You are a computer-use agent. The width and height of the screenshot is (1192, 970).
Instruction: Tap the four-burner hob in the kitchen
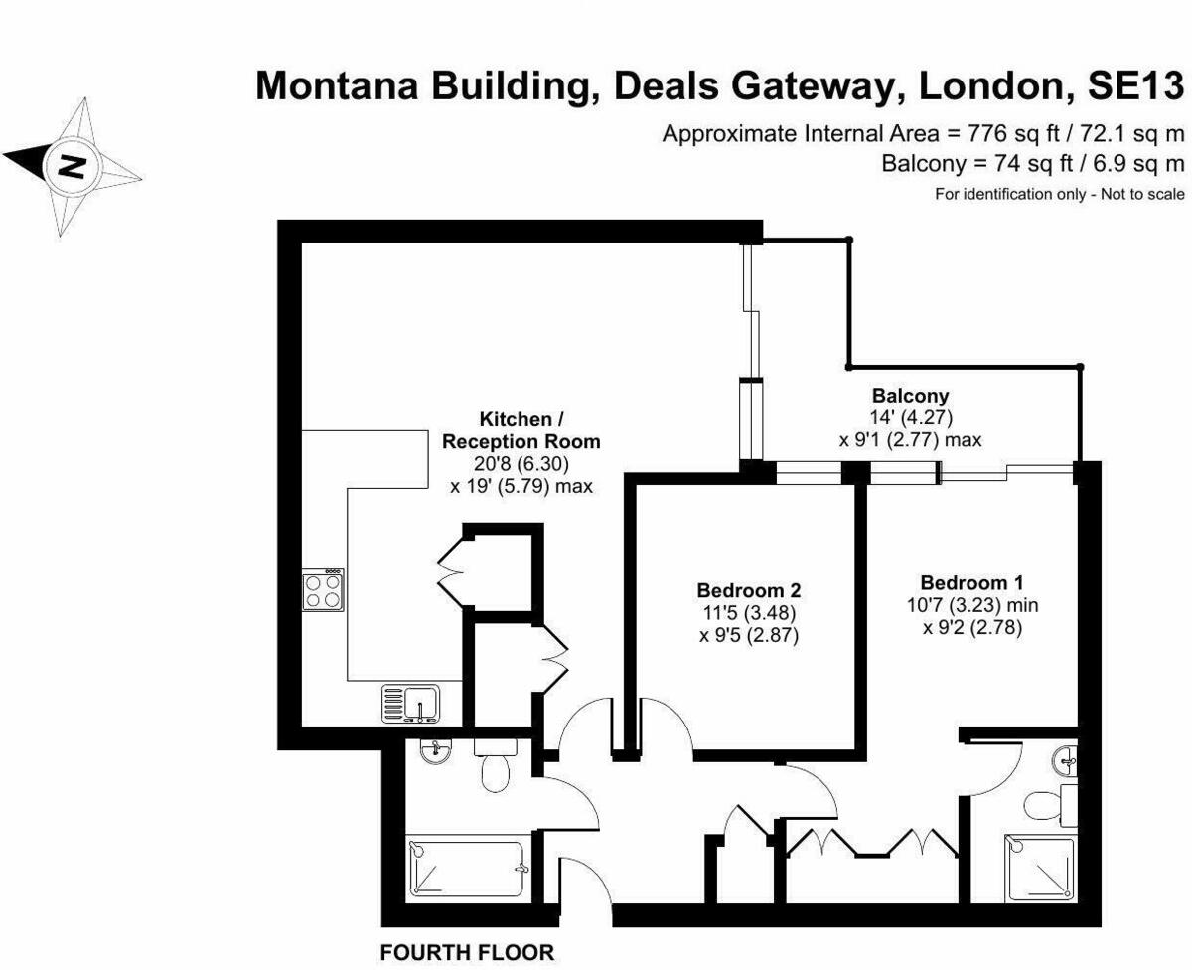point(323,590)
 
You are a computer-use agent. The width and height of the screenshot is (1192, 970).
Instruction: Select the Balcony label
point(910,395)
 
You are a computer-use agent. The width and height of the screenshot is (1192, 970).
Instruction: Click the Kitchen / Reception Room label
point(521,429)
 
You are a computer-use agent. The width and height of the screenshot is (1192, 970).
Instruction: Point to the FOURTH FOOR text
point(467,953)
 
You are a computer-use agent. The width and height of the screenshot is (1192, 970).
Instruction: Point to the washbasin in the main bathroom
point(434,754)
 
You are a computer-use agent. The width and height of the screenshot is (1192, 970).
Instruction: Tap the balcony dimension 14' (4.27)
point(910,416)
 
